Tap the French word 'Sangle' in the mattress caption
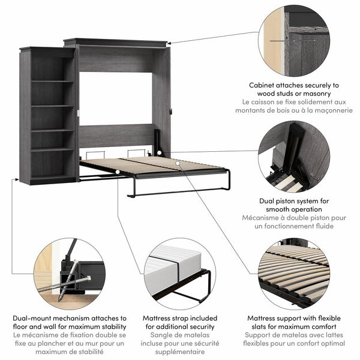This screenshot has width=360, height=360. point(155,335)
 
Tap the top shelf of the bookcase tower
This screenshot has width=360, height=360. point(52,81)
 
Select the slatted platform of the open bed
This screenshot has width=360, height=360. point(150,165)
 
